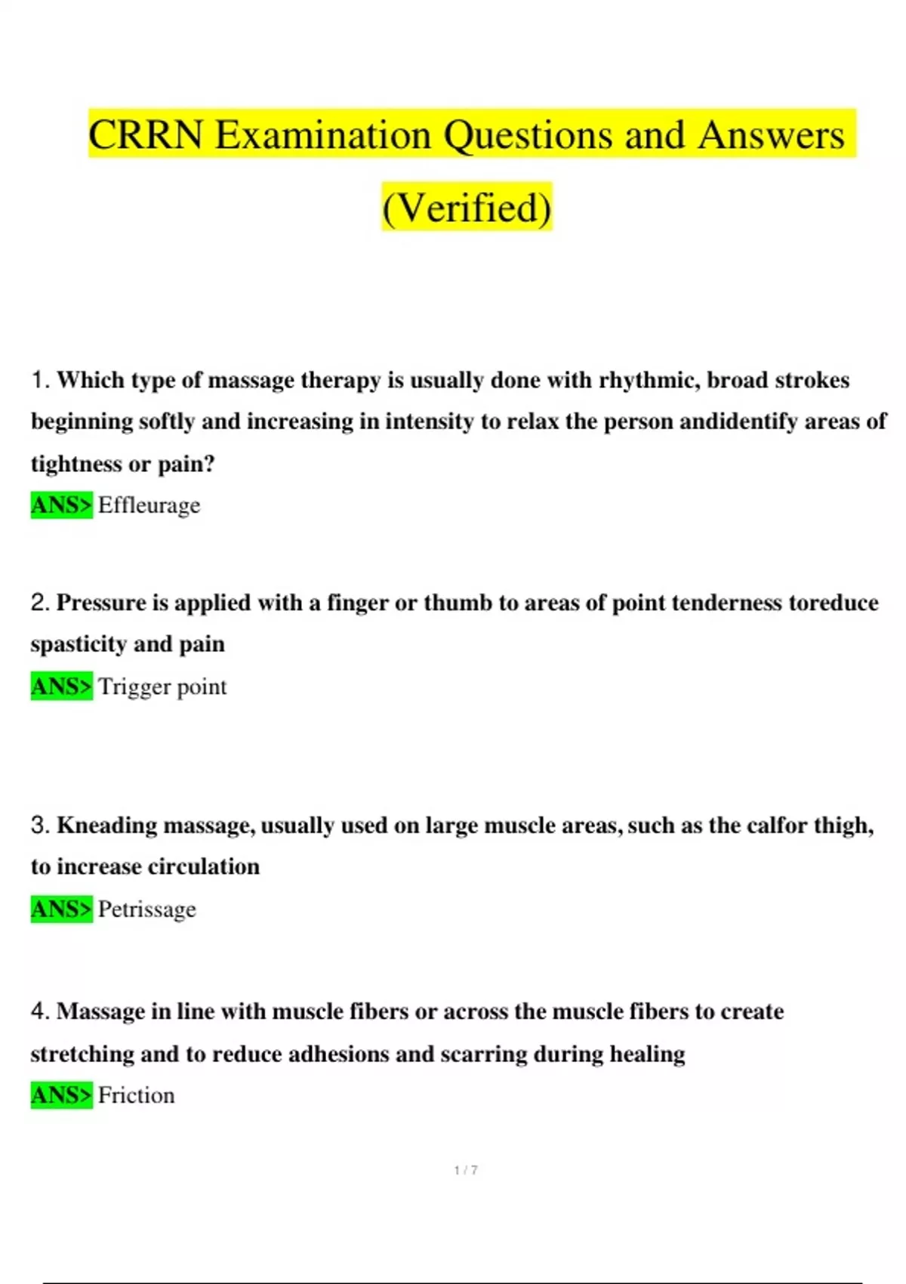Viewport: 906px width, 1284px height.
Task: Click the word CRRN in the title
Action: tap(146, 135)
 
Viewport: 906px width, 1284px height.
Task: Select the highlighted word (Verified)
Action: tap(467, 208)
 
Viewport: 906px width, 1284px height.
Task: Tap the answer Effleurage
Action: tap(149, 505)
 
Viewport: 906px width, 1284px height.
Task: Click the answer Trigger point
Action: tap(162, 687)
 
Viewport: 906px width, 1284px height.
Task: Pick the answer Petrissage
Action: tap(146, 909)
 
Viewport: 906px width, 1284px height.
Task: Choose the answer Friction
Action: tap(136, 1095)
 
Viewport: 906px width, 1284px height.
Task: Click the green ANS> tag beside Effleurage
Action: tap(61, 505)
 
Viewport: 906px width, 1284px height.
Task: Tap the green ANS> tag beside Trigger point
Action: tap(61, 687)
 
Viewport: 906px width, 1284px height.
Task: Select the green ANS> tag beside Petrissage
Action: tap(61, 909)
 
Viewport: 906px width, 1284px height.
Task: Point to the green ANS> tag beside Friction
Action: tap(61, 1095)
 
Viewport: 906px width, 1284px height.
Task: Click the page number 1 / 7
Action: tap(466, 1170)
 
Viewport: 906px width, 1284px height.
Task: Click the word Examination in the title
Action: tap(323, 135)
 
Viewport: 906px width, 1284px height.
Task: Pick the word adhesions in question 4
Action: tap(338, 1054)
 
